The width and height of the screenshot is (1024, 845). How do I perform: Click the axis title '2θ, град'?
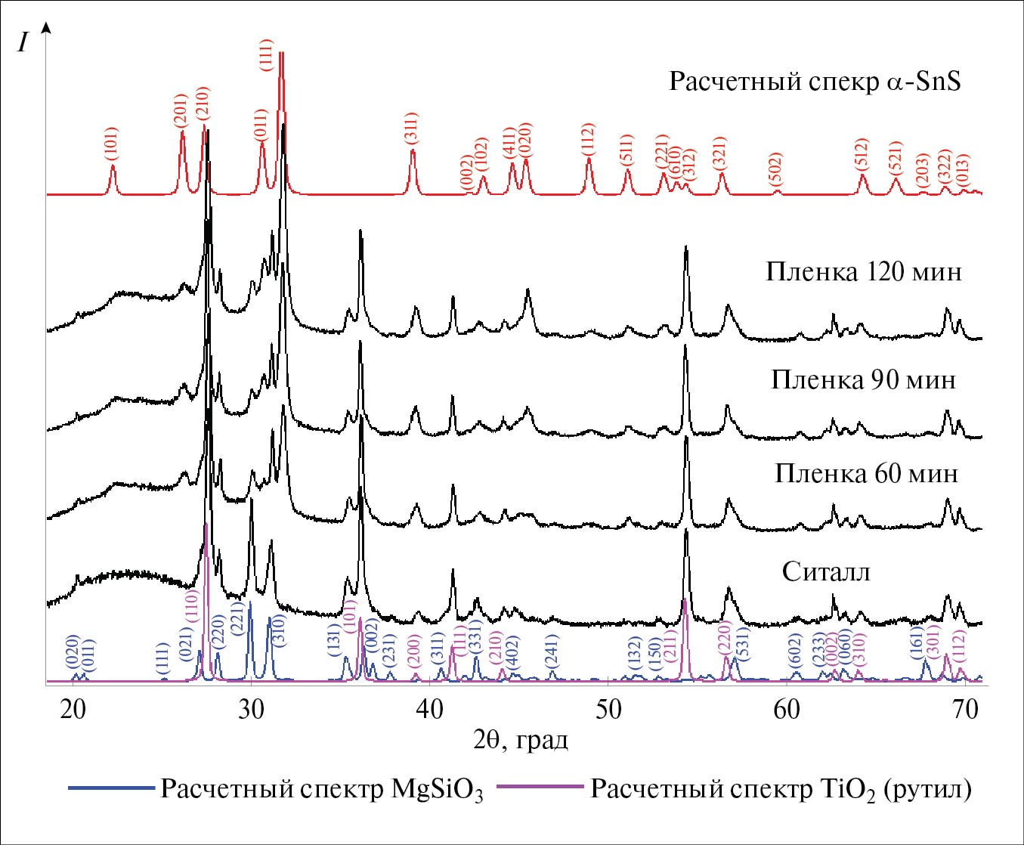click(521, 740)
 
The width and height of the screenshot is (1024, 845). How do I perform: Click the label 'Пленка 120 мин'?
click(864, 271)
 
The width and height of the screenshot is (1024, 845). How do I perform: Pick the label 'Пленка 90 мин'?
click(863, 379)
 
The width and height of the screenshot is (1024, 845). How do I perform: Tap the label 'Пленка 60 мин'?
click(866, 474)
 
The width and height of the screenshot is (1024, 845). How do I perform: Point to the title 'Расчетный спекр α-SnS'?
click(815, 81)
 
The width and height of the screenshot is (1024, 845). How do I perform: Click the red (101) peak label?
click(112, 144)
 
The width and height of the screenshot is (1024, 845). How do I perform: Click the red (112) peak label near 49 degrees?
click(589, 140)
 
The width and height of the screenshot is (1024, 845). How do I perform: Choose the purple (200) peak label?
click(414, 655)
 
